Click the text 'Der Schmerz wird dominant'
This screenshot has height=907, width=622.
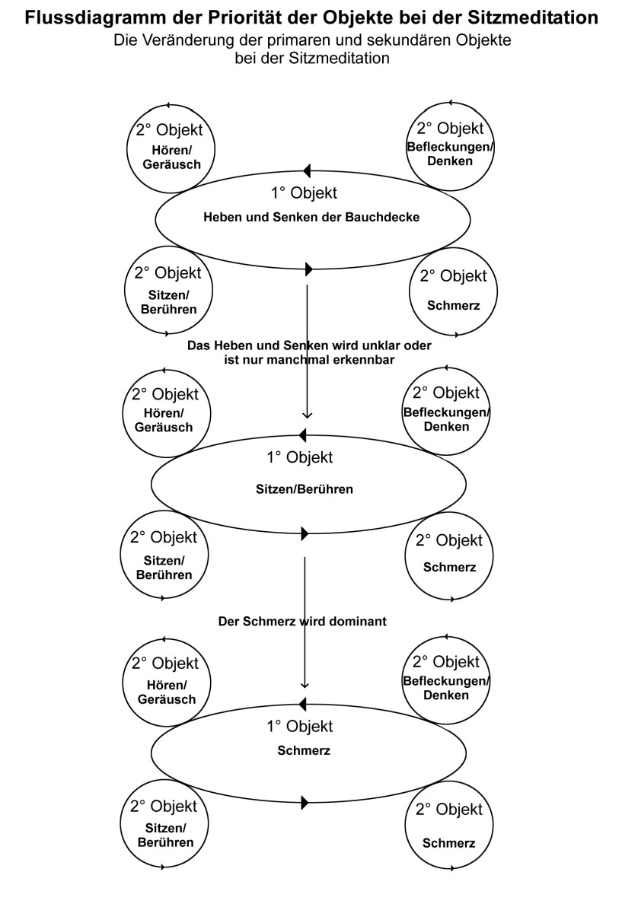[302, 621]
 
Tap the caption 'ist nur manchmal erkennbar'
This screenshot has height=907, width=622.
[309, 360]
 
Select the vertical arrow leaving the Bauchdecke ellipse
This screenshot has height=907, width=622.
[307, 350]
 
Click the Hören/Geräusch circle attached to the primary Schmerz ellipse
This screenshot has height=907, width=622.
[167, 680]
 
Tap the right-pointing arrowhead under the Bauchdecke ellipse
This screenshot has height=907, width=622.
[308, 269]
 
